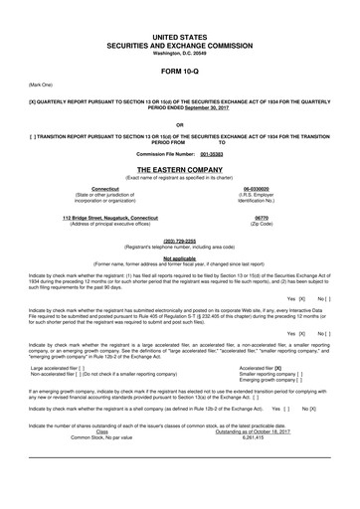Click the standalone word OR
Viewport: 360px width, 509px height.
180,125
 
